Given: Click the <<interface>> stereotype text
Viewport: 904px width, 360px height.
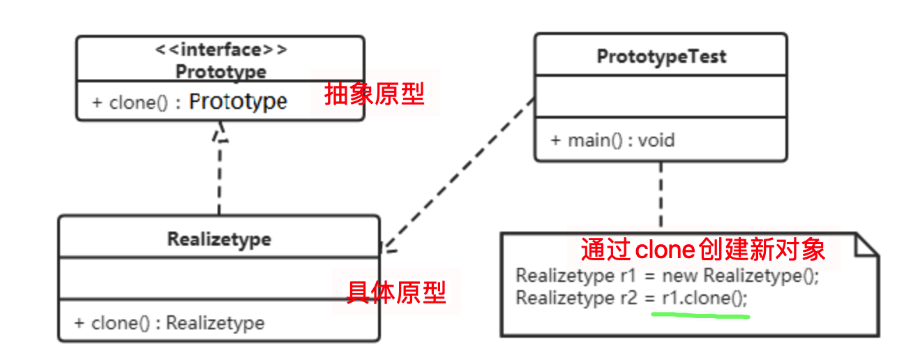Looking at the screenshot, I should tap(220, 50).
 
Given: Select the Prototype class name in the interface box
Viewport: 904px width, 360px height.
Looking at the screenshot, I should tap(220, 71).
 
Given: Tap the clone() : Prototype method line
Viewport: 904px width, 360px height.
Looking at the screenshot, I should tap(190, 102).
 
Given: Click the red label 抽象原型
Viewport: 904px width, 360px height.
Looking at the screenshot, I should tap(375, 93).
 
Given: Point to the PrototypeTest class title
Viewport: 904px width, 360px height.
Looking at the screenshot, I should tap(661, 57).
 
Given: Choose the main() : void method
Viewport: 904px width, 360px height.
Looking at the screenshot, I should tap(612, 140).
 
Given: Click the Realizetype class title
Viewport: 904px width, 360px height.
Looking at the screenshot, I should tap(219, 239).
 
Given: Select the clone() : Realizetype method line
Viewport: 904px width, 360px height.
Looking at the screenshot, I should tap(169, 323).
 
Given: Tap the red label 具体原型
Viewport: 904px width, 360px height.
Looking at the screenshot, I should tap(396, 292).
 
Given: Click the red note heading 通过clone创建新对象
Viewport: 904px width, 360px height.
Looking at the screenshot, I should tap(703, 249).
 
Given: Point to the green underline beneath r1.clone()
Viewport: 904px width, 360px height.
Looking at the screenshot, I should tap(700, 316).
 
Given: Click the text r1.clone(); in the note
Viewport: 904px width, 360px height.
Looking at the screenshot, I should tap(704, 298).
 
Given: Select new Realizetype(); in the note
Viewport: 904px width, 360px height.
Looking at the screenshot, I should tap(740, 276).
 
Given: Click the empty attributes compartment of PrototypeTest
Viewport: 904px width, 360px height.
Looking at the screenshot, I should tap(661, 96).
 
